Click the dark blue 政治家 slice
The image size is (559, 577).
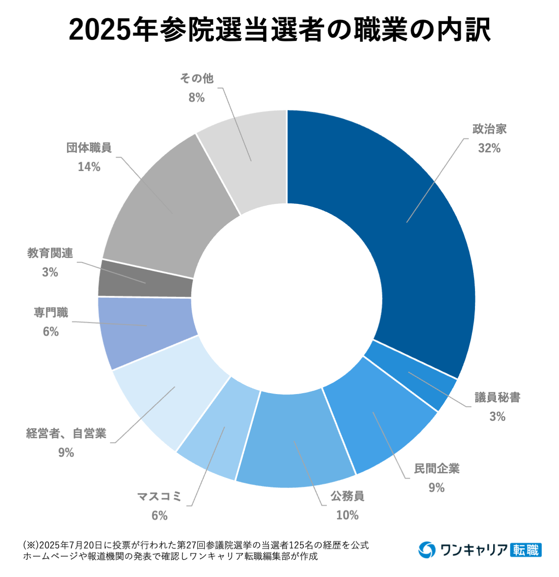[414, 232]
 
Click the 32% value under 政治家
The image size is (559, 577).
[489, 148]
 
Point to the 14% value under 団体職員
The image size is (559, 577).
[89, 167]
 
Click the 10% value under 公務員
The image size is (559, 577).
[347, 515]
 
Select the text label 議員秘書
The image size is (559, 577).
[497, 397]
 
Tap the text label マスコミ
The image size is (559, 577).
[159, 496]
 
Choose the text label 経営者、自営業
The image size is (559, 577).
[66, 433]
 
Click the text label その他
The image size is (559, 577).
[197, 78]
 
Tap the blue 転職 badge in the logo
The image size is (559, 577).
[526, 550]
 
